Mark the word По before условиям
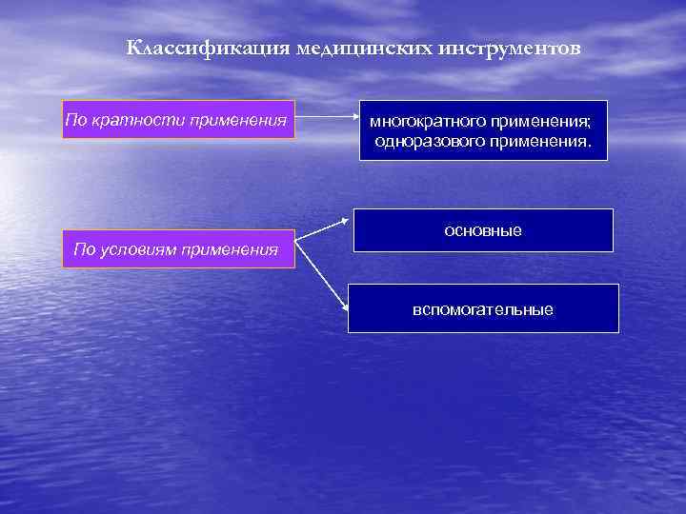coord(85,250)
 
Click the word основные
coord(483,231)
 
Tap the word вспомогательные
coord(483,309)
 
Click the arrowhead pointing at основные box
coord(345,222)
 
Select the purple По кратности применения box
coord(178,120)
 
